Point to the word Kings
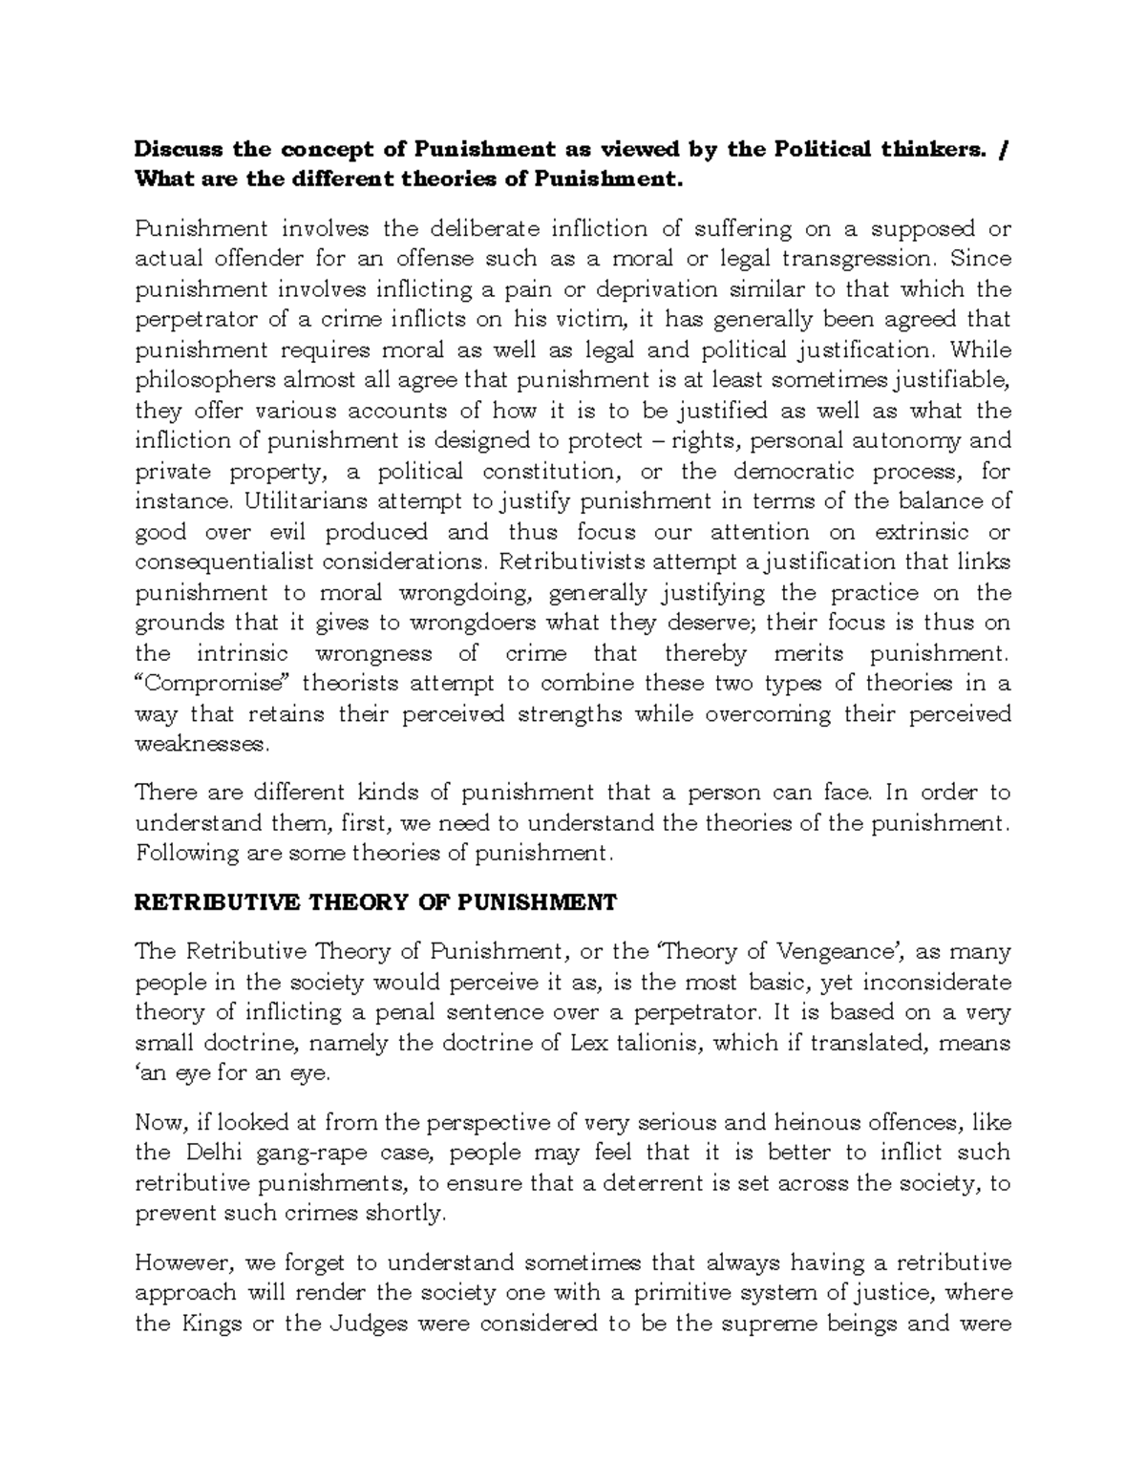tap(209, 1324)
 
